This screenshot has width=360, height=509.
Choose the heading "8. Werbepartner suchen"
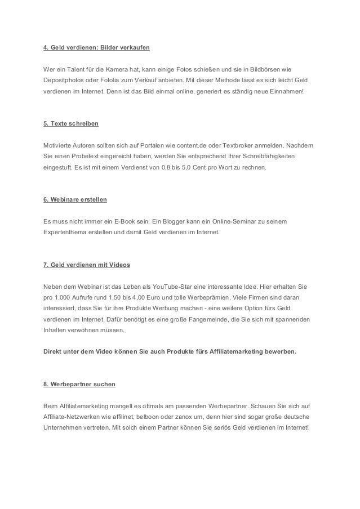(x=79, y=384)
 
